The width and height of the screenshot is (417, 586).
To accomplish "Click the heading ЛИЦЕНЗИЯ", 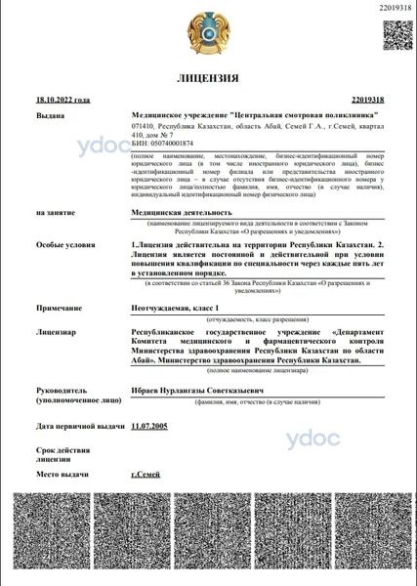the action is (208, 77).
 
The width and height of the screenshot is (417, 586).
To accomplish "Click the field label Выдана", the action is (50, 114).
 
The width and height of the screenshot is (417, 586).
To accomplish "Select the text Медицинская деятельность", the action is (182, 211).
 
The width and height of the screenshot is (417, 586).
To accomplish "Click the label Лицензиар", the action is (56, 332).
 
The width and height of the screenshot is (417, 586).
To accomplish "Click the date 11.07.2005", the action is (149, 426).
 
